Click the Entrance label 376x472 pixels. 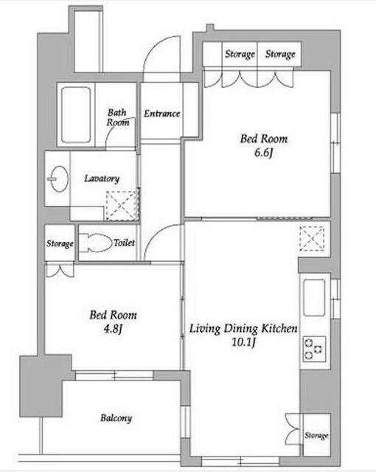[x=162, y=114]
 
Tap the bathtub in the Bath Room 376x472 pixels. [x=76, y=115]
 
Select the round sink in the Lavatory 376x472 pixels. [x=59, y=178]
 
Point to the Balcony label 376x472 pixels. [x=116, y=418]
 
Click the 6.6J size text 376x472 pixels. [x=263, y=153]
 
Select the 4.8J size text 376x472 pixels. [x=113, y=329]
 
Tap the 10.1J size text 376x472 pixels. [x=243, y=342]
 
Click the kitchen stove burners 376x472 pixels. [x=314, y=349]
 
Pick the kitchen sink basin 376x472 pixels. [x=314, y=298]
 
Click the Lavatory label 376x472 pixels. [x=102, y=178]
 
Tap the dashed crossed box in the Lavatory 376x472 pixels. [x=122, y=205]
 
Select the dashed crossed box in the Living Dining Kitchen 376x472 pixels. [x=313, y=239]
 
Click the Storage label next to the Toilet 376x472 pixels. [x=60, y=243]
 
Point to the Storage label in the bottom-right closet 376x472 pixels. [x=316, y=435]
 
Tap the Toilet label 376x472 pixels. [x=125, y=243]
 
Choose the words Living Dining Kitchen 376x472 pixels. [x=243, y=329]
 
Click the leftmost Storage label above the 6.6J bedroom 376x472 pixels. [x=240, y=54]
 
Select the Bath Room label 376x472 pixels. [x=118, y=118]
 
